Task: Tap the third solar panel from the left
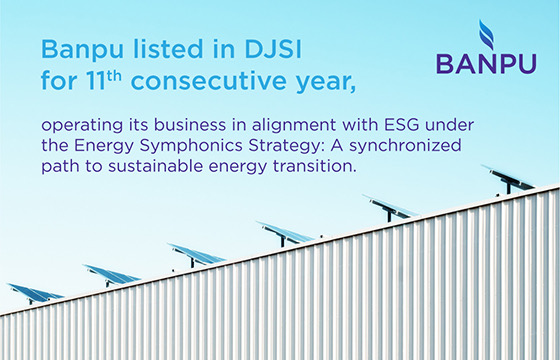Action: coord(197,253)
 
